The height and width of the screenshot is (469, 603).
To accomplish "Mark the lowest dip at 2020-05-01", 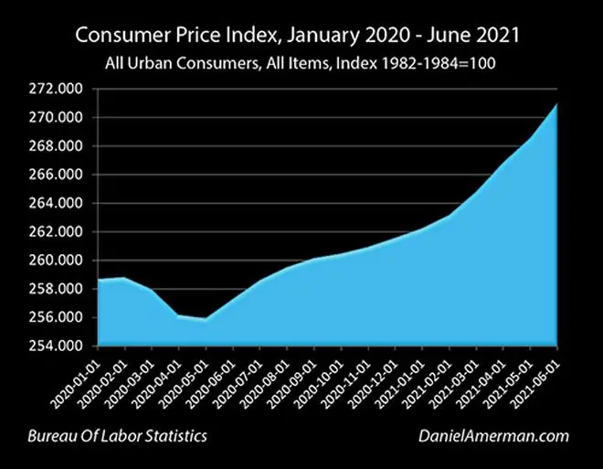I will (206, 319).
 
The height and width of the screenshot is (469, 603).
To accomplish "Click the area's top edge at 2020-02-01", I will (124, 278).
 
